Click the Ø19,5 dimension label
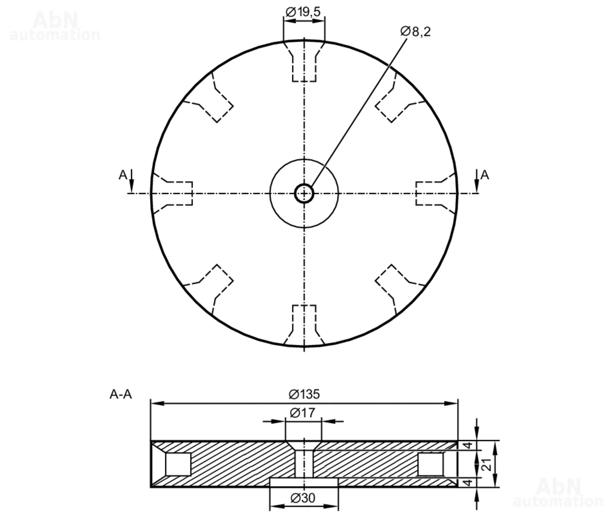coord(303,12)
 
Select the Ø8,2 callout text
coord(415,32)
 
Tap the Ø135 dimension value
coord(304,394)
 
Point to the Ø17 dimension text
coord(302,413)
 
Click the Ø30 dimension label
coord(303,498)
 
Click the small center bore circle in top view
coord(304,193)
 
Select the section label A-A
coord(121,395)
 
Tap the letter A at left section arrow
coord(123,175)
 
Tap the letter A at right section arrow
coord(485,175)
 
